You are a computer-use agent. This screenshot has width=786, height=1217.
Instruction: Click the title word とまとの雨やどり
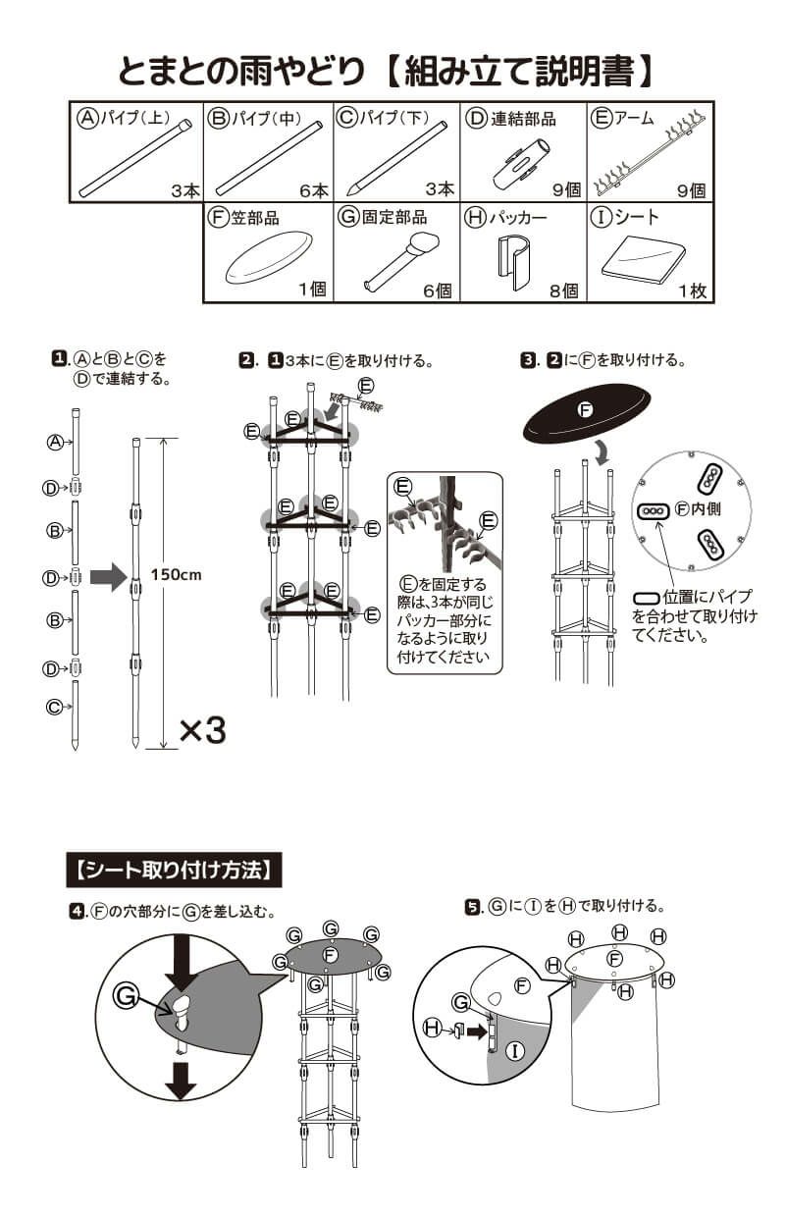pos(242,71)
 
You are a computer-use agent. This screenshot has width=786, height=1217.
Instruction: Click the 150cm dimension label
pos(177,575)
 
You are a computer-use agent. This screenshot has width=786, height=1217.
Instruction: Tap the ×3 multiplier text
pos(202,729)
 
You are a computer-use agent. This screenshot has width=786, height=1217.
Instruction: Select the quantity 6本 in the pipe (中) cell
pos(314,190)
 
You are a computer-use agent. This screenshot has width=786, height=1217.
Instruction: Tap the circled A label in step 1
pos(56,442)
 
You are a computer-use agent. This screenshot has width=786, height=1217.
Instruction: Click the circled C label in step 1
pos(55,706)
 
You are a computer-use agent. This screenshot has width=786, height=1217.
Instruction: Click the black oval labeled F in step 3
pos(586,411)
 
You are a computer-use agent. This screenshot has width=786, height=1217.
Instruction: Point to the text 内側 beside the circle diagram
pos(707,510)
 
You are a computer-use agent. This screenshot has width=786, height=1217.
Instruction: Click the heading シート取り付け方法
pos(173,870)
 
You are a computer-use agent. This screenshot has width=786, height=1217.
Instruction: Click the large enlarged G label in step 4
pos(126,995)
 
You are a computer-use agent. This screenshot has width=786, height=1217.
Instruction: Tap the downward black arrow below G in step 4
pos(180,1080)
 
